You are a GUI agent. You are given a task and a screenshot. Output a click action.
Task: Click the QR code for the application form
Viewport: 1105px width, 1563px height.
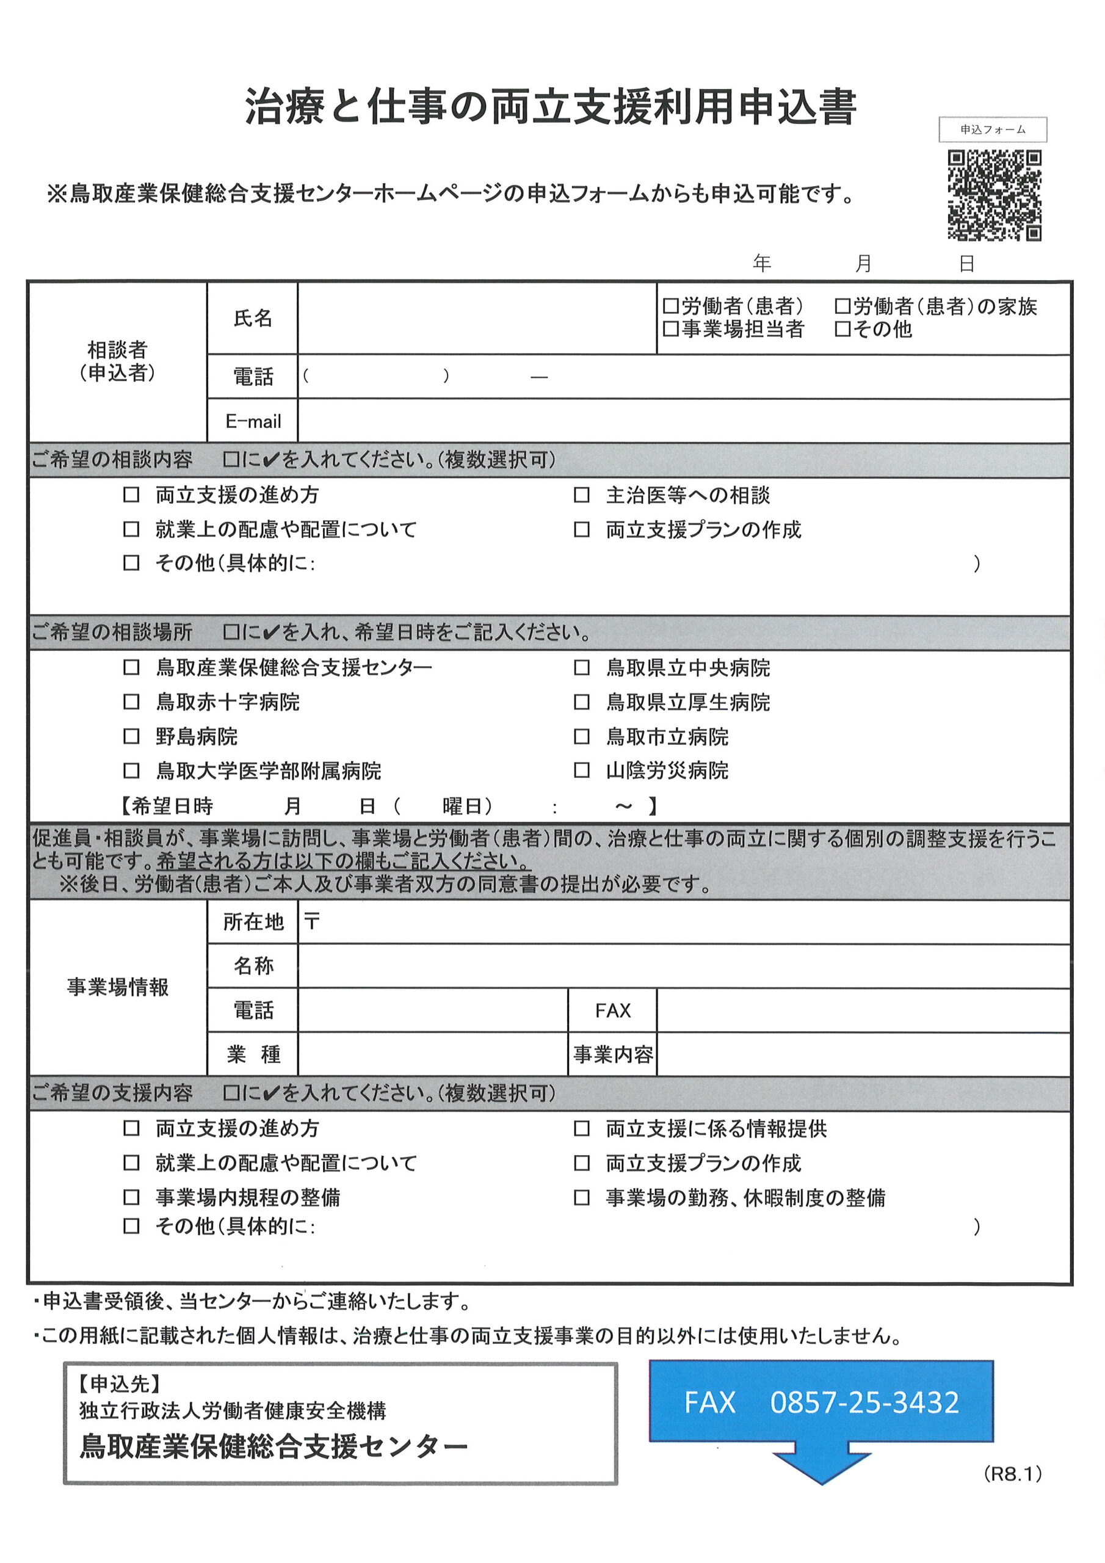[994, 195]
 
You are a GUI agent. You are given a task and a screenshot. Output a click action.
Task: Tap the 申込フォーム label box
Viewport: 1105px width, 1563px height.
[992, 129]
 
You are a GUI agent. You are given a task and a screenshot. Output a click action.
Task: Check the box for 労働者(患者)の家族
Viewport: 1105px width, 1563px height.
[842, 306]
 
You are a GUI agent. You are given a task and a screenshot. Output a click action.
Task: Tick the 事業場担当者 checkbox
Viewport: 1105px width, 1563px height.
[670, 330]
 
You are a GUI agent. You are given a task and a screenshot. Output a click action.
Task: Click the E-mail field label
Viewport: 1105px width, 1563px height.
[253, 421]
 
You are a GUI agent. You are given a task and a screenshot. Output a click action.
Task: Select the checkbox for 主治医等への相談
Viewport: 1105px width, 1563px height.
[581, 495]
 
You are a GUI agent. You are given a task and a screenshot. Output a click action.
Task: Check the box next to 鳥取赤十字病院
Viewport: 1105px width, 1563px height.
[131, 702]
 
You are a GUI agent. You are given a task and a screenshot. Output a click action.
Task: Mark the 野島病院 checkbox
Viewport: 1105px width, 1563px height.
[131, 736]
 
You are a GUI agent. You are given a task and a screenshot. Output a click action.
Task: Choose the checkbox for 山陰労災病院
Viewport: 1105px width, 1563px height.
[581, 771]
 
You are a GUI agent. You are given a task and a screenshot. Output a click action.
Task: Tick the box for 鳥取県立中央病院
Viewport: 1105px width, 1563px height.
[581, 668]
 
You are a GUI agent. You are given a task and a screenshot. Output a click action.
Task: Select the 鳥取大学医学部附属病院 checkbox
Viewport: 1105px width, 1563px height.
[131, 771]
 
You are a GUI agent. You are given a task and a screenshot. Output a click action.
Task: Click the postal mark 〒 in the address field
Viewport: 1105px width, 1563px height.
[312, 922]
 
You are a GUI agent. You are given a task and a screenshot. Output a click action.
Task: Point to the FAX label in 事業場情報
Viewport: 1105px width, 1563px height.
[612, 1011]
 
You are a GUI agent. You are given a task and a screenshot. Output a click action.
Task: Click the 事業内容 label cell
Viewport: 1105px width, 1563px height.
[612, 1054]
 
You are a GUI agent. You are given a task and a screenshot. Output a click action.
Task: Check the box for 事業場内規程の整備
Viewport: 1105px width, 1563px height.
[131, 1197]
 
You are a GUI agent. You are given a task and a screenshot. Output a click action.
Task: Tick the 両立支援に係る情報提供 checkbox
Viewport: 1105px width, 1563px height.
[581, 1129]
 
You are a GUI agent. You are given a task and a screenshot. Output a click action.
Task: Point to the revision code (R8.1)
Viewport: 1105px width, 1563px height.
[1012, 1474]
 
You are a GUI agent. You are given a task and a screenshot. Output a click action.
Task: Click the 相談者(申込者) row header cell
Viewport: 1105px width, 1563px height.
[117, 361]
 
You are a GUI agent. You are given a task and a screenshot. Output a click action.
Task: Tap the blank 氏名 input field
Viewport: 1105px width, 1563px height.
[477, 318]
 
